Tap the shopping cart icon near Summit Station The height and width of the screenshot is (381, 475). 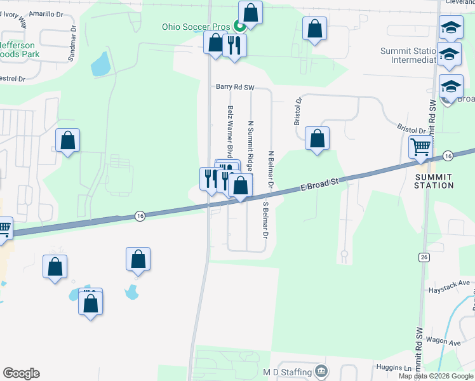tap(420, 148)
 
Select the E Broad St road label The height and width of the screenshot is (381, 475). tap(319, 184)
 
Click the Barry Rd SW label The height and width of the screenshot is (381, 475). tap(234, 86)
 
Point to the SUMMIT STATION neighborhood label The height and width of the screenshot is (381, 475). tap(434, 180)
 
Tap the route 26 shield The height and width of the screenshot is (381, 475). tap(424, 257)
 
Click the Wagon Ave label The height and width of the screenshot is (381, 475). tap(443, 341)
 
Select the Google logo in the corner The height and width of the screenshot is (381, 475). tap(21, 373)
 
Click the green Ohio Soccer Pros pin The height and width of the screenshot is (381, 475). tap(240, 26)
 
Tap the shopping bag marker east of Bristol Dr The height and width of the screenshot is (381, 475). tap(317, 138)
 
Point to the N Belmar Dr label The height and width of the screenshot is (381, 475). tap(271, 168)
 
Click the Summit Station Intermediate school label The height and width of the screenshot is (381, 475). tap(408, 55)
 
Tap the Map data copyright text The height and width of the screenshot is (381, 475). tap(436, 376)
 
